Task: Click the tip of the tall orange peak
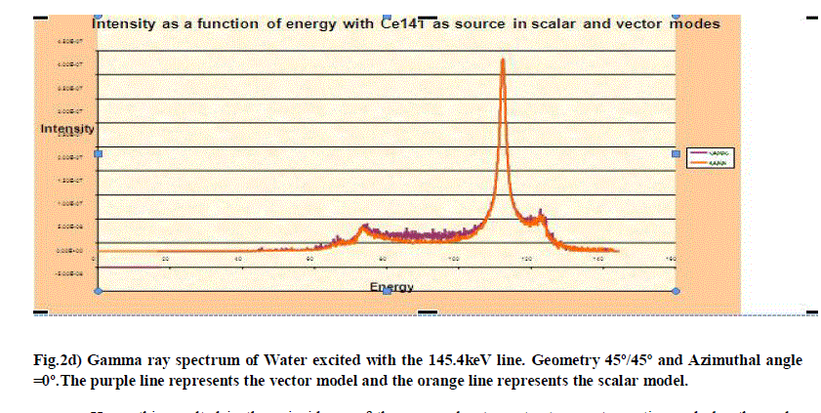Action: (503, 60)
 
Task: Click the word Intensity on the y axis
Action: (67, 129)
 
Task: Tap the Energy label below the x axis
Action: (390, 287)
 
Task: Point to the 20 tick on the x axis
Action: (165, 259)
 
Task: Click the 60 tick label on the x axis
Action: (310, 259)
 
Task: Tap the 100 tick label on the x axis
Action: (454, 259)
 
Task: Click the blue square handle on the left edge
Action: (97, 153)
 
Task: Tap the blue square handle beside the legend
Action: (676, 153)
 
